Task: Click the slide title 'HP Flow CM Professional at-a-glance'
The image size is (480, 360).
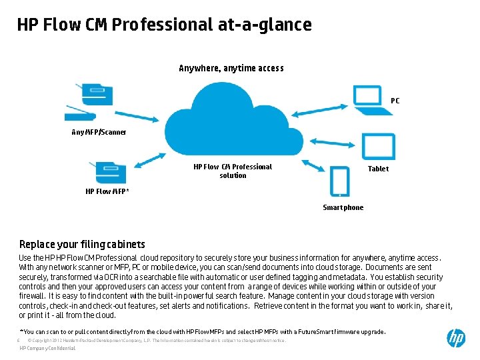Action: [164, 25]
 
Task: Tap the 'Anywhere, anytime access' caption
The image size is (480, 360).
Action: [231, 68]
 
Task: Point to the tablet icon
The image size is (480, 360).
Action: [378, 146]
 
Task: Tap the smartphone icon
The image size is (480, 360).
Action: [339, 181]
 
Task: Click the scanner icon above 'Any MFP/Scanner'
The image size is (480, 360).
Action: [85, 101]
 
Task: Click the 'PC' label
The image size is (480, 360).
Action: [395, 101]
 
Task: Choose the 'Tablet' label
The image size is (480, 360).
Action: [378, 169]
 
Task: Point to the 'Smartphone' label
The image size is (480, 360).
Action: [343, 208]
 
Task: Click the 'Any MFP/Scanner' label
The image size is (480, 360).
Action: [99, 132]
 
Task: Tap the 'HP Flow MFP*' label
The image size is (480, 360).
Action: [107, 192]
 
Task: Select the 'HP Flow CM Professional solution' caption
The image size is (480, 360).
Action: [233, 171]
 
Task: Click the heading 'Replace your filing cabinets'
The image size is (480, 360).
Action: [82, 245]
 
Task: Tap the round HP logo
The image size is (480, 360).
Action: [456, 338]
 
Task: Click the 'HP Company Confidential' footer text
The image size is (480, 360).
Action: [48, 349]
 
